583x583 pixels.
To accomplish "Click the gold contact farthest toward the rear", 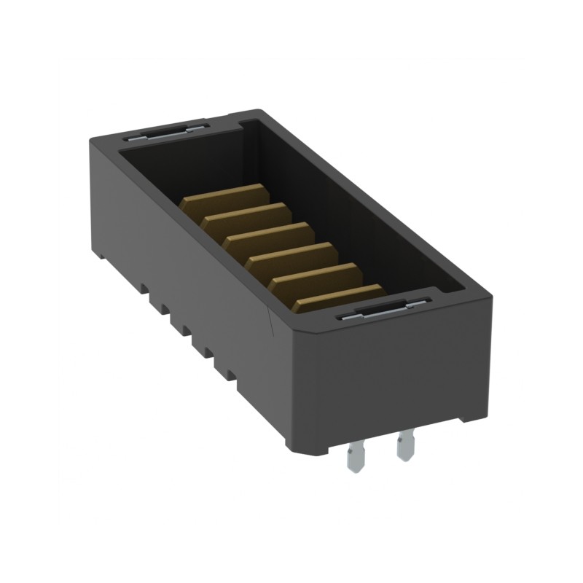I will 226,196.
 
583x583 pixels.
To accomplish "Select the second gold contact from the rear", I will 248,216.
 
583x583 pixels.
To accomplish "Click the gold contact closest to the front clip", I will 339,296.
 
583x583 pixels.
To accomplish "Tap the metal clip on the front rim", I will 383,310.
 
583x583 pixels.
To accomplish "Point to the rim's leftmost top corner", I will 91,138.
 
